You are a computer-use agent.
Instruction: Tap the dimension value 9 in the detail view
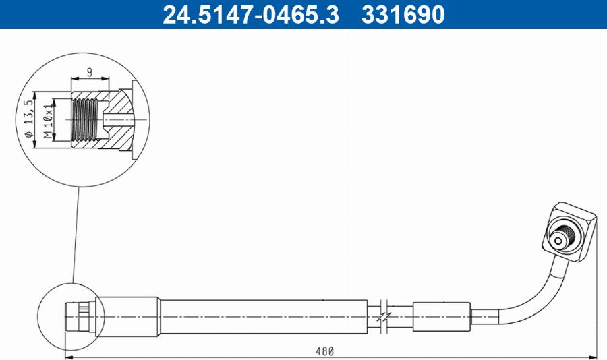[x=89, y=71]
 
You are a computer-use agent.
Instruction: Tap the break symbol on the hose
[x=384, y=315]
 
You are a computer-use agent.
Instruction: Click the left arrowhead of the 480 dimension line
[x=67, y=357]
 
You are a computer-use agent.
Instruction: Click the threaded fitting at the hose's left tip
[x=78, y=315]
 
